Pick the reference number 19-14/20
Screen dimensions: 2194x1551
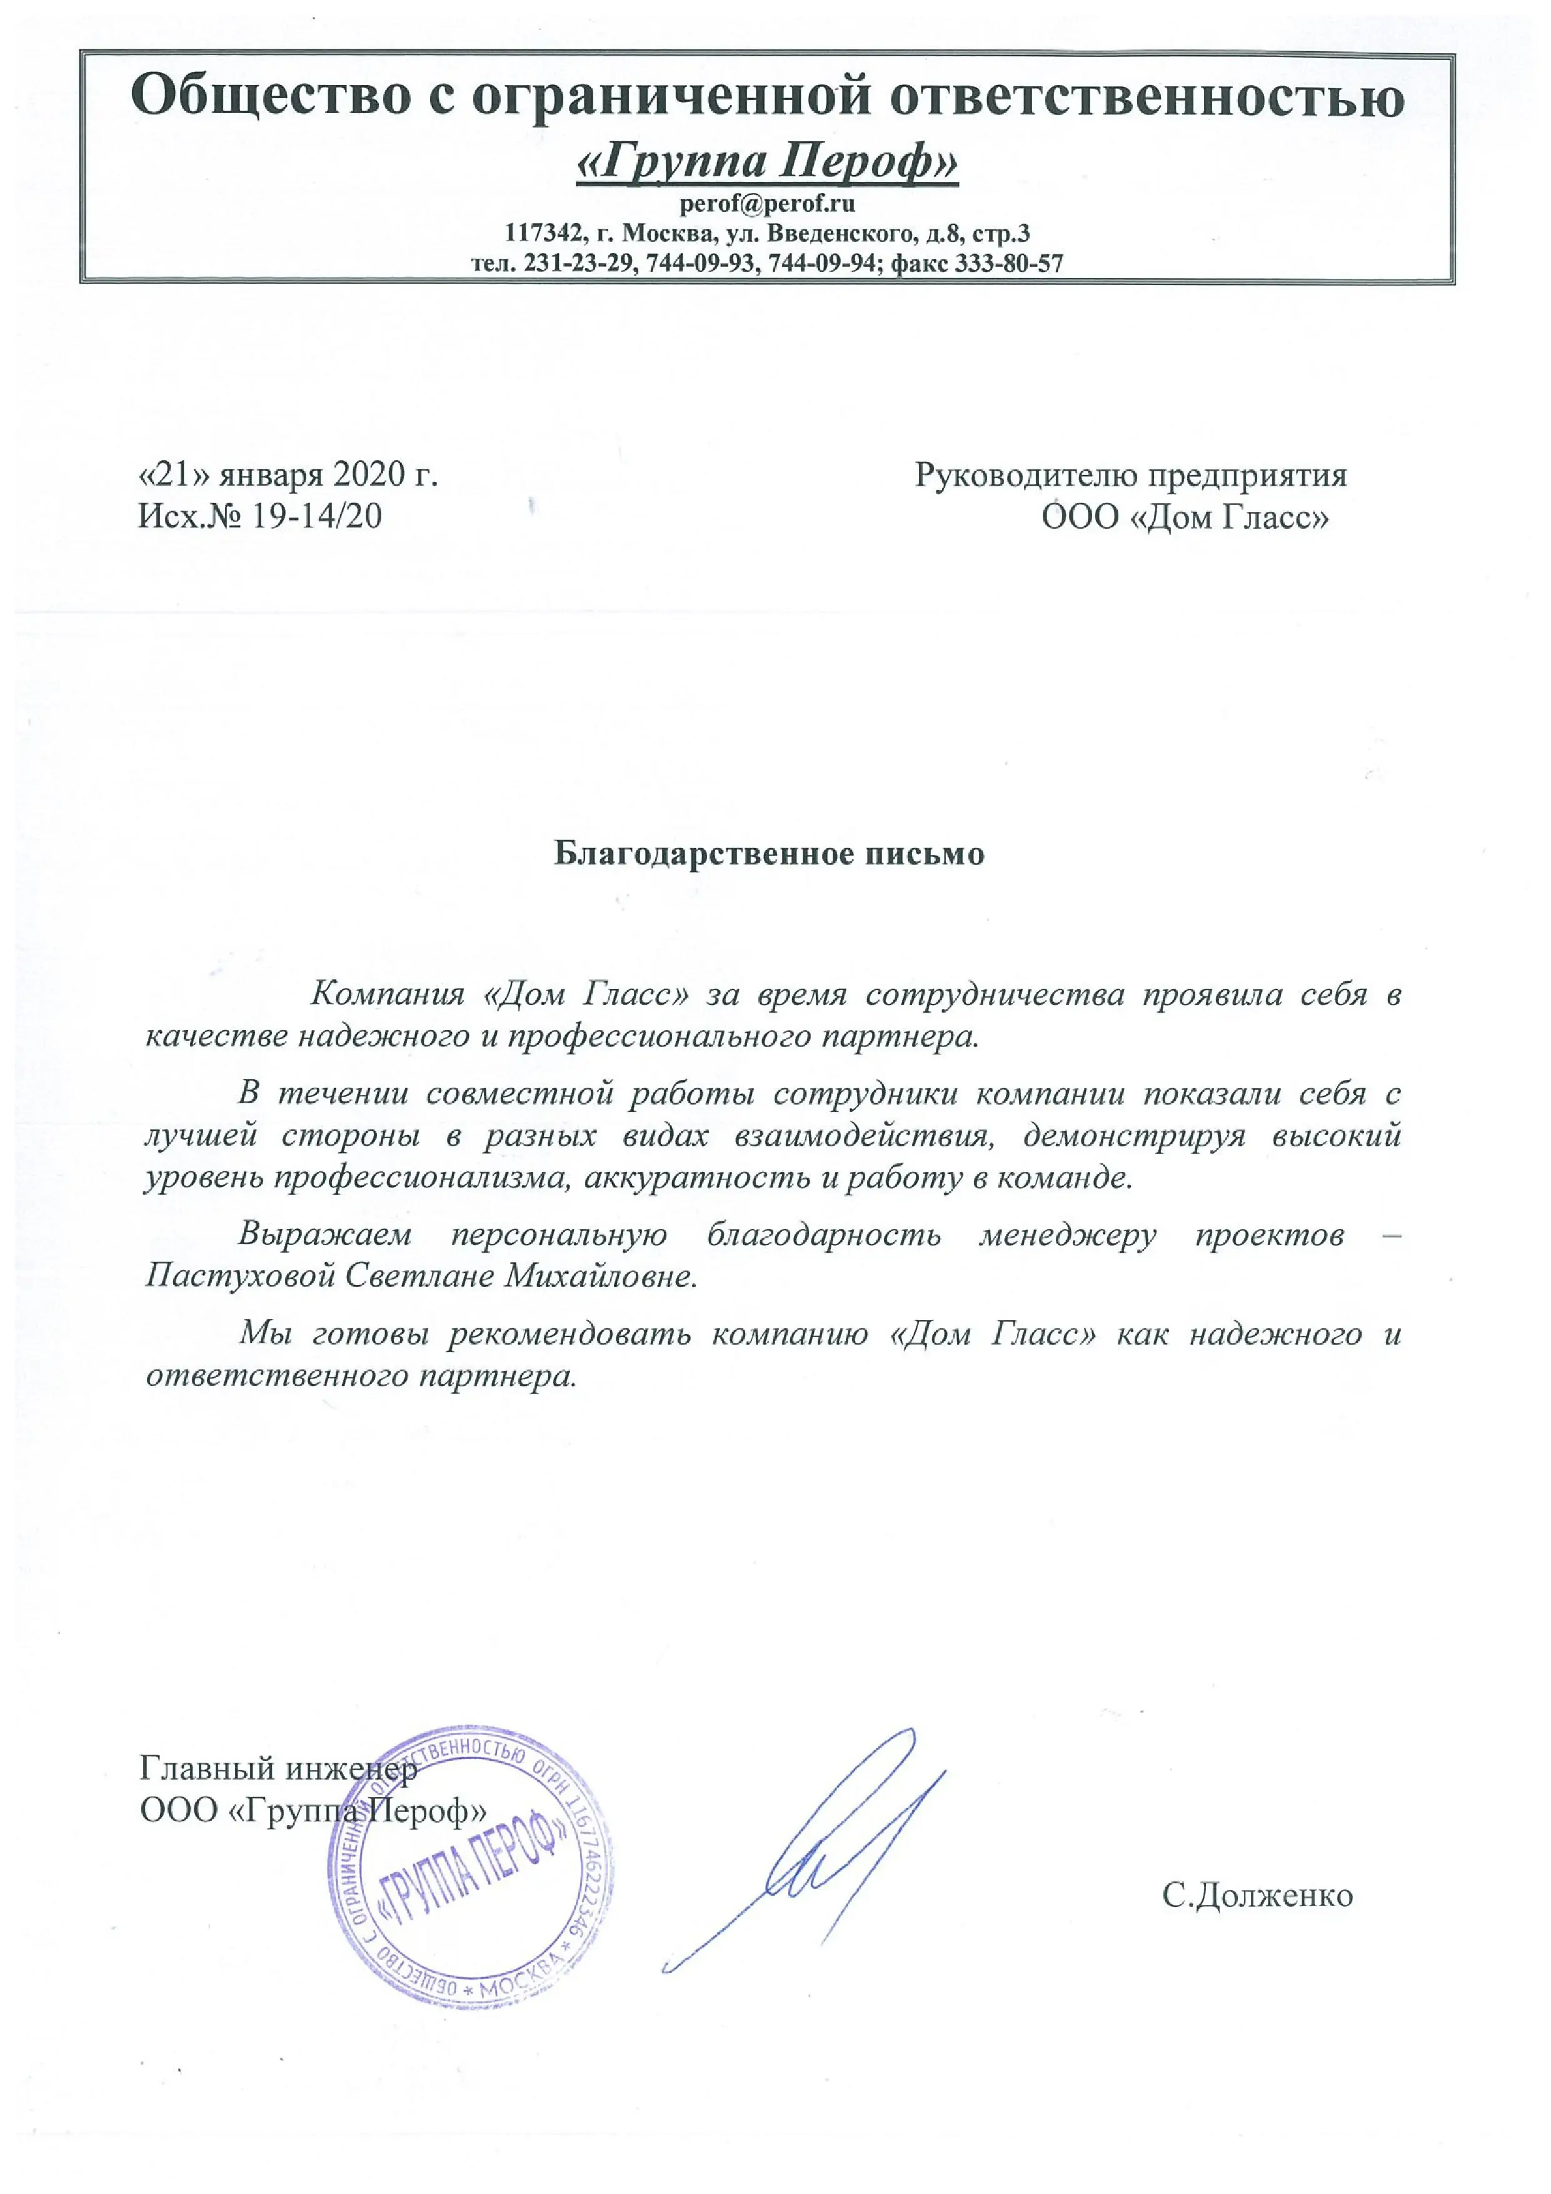[315, 516]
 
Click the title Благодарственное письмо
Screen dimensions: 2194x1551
[770, 853]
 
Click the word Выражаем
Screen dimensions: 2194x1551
[325, 1234]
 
